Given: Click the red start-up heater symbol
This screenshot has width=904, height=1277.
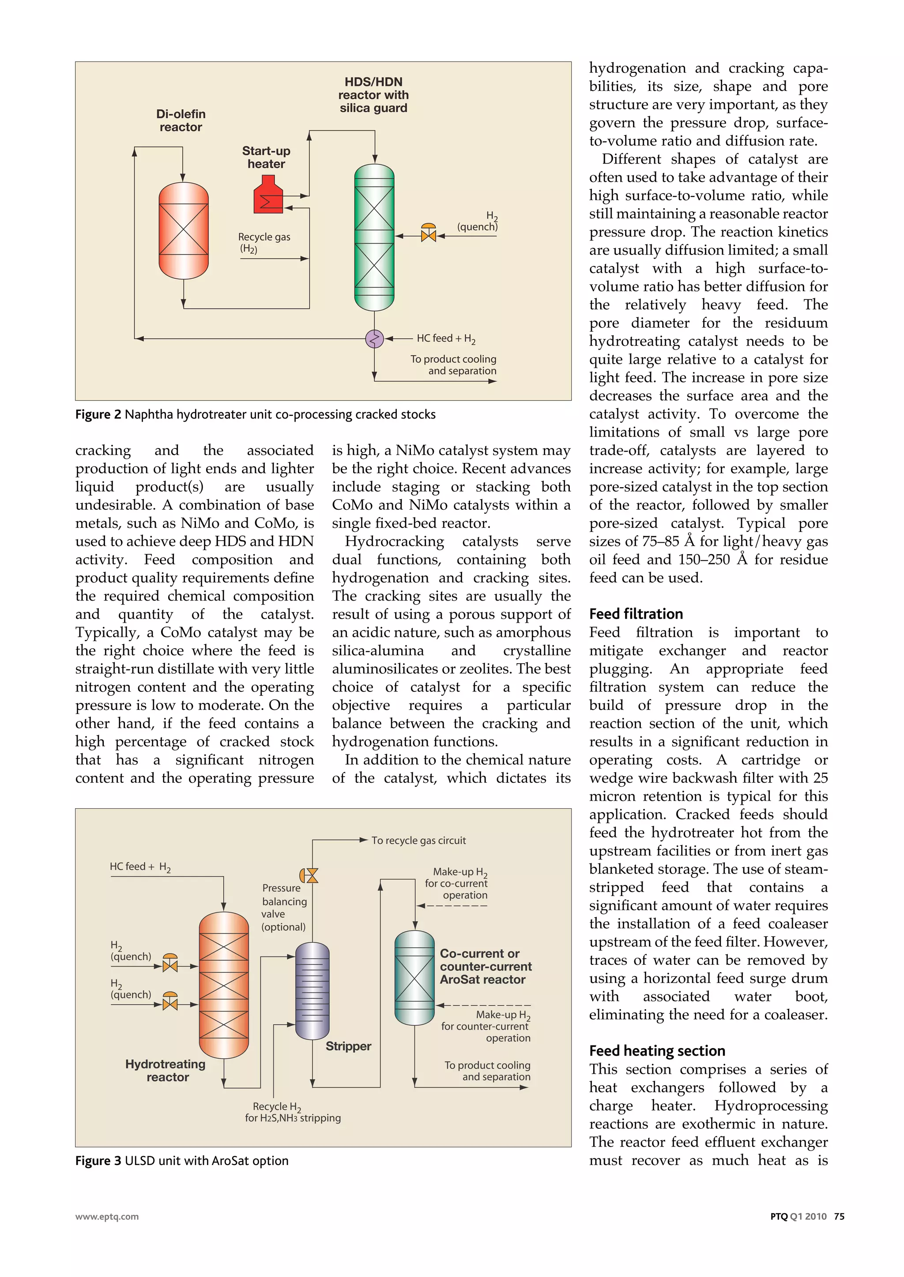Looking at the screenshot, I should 268,195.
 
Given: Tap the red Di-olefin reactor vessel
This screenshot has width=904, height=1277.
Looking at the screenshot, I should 184,230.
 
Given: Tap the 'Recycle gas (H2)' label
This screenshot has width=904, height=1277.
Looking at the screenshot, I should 264,243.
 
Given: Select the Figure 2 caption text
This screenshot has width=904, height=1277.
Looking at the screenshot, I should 256,414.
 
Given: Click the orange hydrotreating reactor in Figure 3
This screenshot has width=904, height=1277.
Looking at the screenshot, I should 224,985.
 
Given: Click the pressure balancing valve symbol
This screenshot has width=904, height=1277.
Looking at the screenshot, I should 310,876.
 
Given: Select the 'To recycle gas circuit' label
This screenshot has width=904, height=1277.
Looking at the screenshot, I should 418,840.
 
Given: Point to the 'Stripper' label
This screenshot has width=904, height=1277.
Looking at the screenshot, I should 348,1046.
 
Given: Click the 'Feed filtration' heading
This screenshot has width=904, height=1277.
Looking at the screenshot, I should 636,614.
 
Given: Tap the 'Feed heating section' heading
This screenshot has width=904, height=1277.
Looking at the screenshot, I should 657,1051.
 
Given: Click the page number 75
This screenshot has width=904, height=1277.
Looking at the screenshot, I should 839,1217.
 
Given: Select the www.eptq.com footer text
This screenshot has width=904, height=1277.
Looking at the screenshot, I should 107,1217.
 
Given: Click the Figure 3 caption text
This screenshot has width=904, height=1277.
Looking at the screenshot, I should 182,1161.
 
